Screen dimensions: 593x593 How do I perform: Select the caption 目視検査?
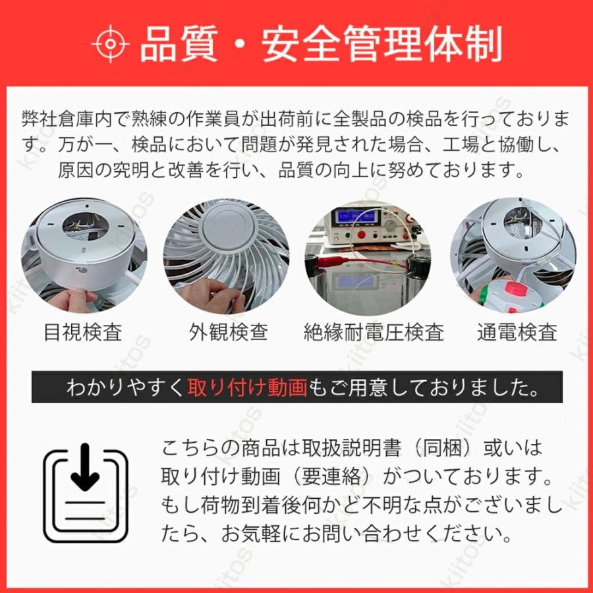(83, 331)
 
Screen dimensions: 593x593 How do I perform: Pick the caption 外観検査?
(228, 331)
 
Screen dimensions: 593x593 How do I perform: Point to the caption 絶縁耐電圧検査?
(374, 331)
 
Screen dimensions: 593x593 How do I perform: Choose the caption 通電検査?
(517, 331)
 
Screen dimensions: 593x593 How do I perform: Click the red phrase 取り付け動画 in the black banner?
(247, 387)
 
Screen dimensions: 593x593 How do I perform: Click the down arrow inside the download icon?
(85, 468)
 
